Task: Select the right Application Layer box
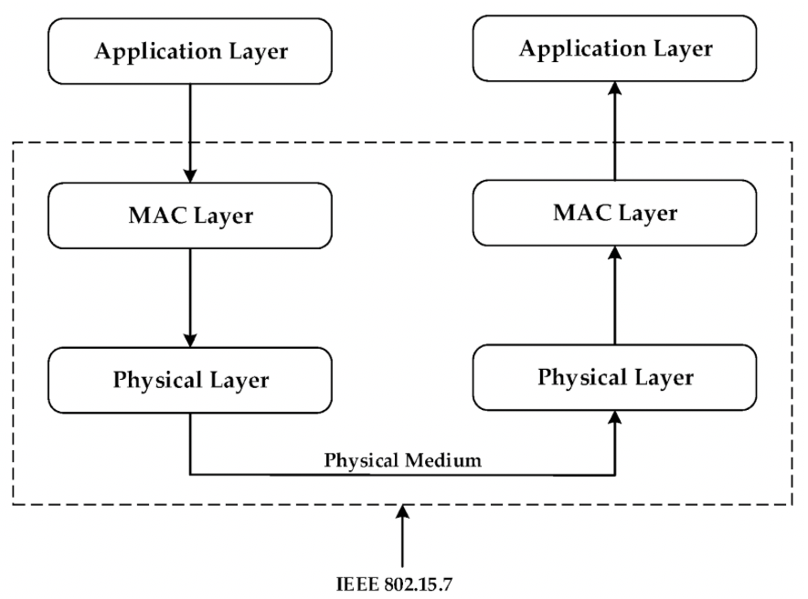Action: point(614,47)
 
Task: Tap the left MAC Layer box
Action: point(190,215)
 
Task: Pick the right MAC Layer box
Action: point(615,213)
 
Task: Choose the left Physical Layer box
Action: point(190,379)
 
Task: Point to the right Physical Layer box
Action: point(615,376)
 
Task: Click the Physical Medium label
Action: point(402,460)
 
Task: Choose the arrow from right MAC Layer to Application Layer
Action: point(615,128)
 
